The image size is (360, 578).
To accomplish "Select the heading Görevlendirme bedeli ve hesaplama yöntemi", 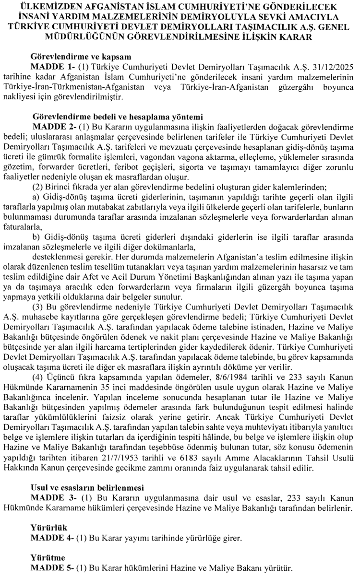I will tap(110, 116).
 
